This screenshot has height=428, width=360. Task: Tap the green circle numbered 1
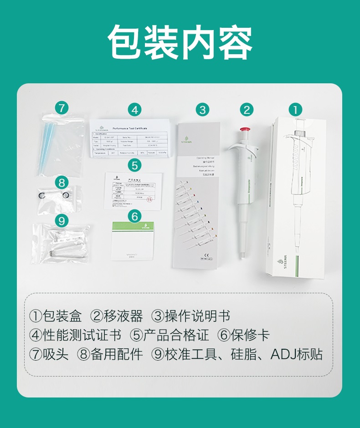(295, 110)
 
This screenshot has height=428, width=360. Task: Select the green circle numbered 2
(247, 110)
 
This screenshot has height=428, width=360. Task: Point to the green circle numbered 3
(203, 110)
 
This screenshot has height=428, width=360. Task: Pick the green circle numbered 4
(134, 110)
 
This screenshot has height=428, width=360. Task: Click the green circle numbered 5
(134, 164)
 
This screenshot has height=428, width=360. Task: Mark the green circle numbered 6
(134, 217)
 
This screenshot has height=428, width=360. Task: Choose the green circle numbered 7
(62, 108)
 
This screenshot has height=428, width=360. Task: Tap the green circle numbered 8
(62, 183)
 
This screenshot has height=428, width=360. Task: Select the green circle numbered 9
(62, 221)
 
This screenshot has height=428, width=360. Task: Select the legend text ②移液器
(117, 316)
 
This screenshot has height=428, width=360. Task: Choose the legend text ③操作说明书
(191, 316)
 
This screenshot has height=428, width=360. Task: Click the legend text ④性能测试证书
(75, 336)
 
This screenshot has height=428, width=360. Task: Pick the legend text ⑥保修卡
(244, 336)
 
